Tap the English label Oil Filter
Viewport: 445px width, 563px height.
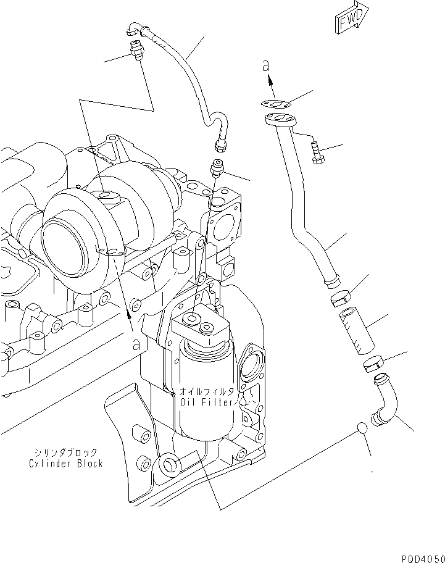pos(207,402)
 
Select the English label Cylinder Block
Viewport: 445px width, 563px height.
pos(65,463)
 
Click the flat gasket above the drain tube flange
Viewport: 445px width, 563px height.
pos(276,104)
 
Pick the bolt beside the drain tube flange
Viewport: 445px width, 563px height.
pos(317,154)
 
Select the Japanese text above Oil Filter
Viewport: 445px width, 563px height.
pos(207,392)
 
